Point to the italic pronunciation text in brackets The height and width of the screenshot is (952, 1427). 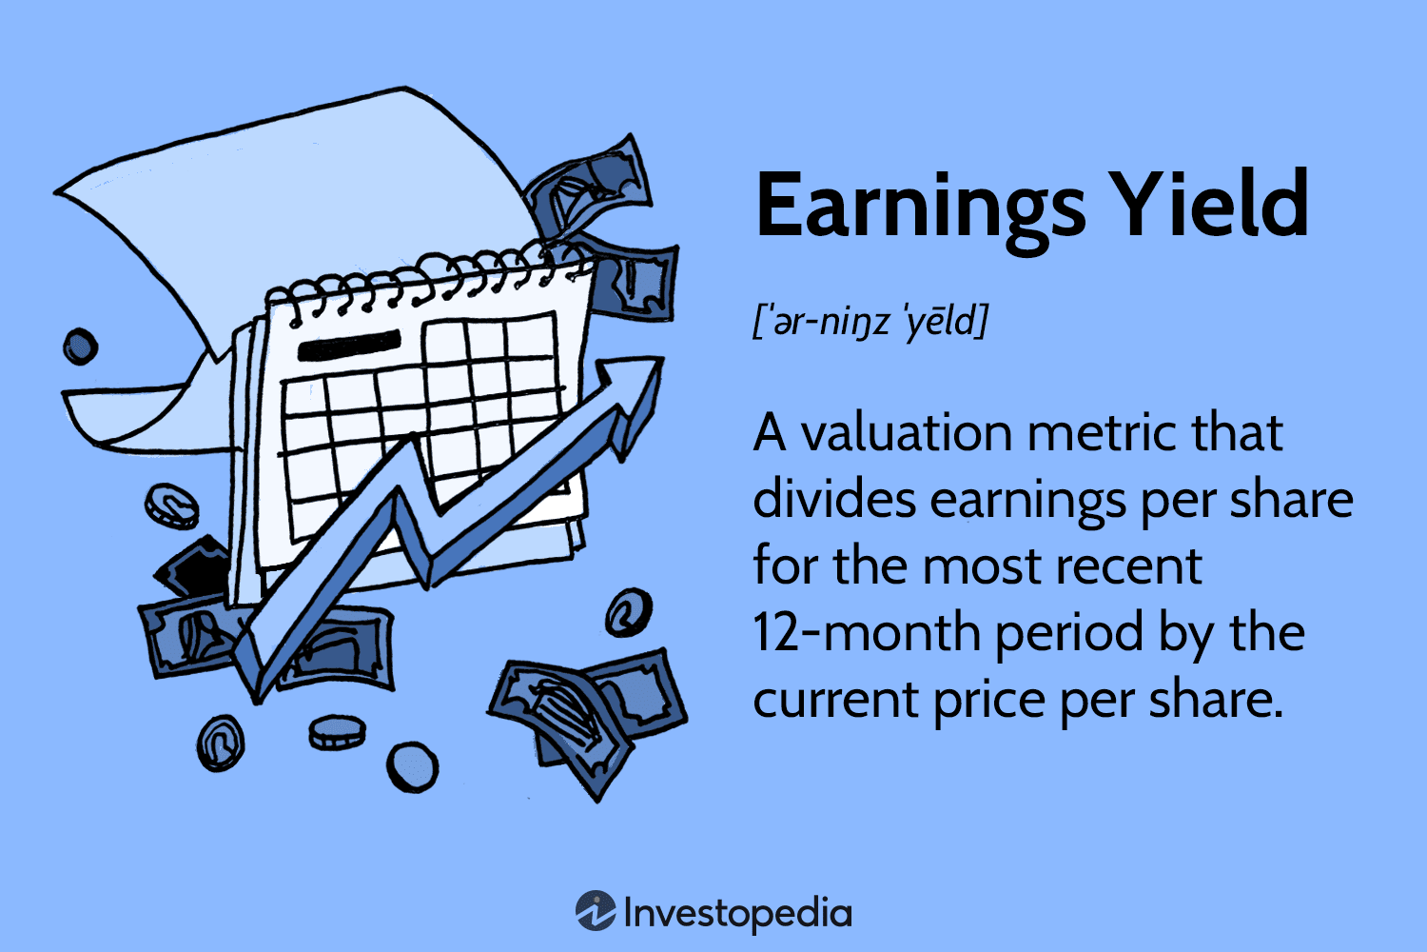[x=870, y=322]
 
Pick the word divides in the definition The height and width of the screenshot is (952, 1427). [x=833, y=500]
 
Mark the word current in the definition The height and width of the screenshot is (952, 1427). [x=834, y=700]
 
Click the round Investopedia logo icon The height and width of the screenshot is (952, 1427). [x=596, y=911]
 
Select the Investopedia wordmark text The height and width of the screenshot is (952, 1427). [x=738, y=914]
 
